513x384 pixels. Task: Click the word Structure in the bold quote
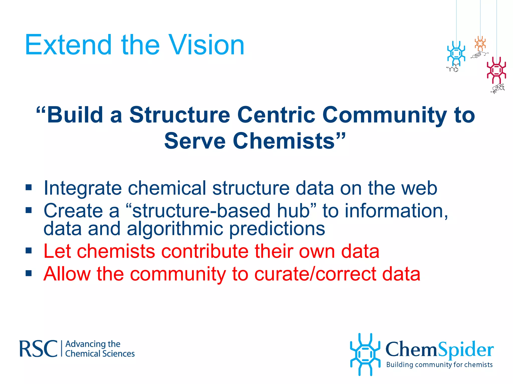(179, 115)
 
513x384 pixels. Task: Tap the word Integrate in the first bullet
(83, 188)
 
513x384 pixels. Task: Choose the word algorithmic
(175, 229)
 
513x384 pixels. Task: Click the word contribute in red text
(205, 251)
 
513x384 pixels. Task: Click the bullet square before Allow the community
(29, 273)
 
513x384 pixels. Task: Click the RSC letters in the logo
(38, 349)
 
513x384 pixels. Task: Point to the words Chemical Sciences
(100, 354)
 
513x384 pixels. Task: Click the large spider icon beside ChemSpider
(365, 354)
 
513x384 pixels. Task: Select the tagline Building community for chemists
(439, 365)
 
